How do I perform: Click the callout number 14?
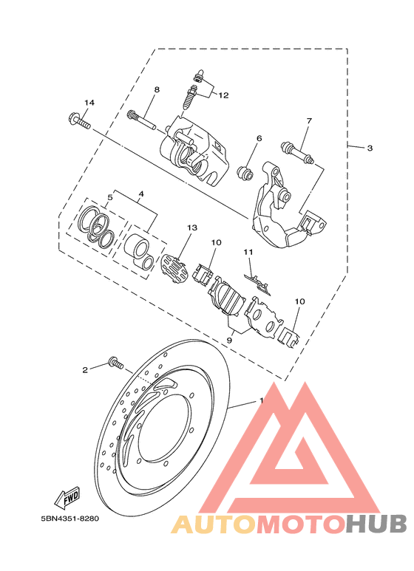(x=89, y=103)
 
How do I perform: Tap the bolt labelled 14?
(x=79, y=121)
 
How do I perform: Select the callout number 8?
(x=157, y=89)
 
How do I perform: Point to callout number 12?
(x=223, y=95)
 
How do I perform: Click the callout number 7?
(x=309, y=120)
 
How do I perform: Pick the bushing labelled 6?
(x=245, y=173)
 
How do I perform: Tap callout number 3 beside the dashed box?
(x=370, y=148)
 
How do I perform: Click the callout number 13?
(x=192, y=228)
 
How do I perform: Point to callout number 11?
(x=248, y=252)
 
